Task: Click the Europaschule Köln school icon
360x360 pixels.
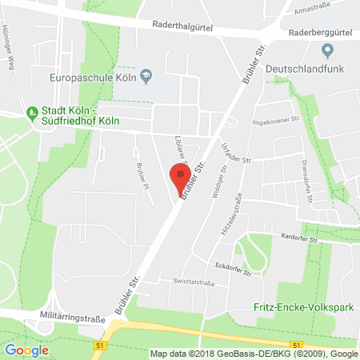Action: click(146, 76)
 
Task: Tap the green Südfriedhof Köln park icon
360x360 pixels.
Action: click(32, 112)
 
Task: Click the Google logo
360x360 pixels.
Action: click(26, 350)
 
